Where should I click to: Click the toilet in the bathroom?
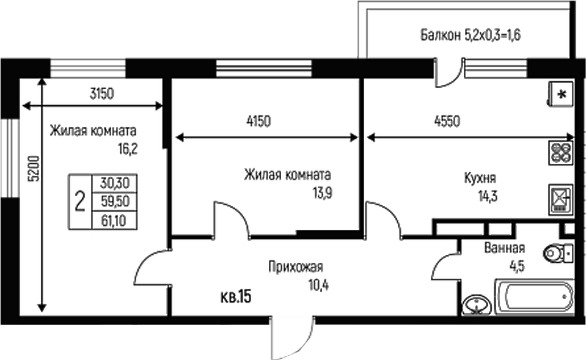(x=557, y=252)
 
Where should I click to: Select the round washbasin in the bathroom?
(x=476, y=304)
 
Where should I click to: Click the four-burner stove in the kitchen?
(x=560, y=152)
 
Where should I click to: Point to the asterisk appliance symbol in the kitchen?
(x=561, y=94)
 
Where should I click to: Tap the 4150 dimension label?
(x=258, y=122)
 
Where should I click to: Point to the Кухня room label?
(x=480, y=179)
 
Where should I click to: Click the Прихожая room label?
(x=295, y=267)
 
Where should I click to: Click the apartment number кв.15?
(x=236, y=298)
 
